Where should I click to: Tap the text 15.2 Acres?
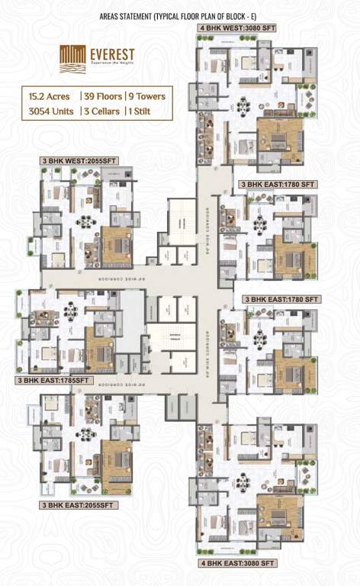(50, 97)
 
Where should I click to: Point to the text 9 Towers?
(146, 97)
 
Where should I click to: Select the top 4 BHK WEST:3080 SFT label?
(236, 29)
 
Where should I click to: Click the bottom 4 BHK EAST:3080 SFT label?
(237, 563)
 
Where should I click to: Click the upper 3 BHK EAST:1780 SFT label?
(278, 185)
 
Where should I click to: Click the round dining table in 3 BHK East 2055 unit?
(85, 434)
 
